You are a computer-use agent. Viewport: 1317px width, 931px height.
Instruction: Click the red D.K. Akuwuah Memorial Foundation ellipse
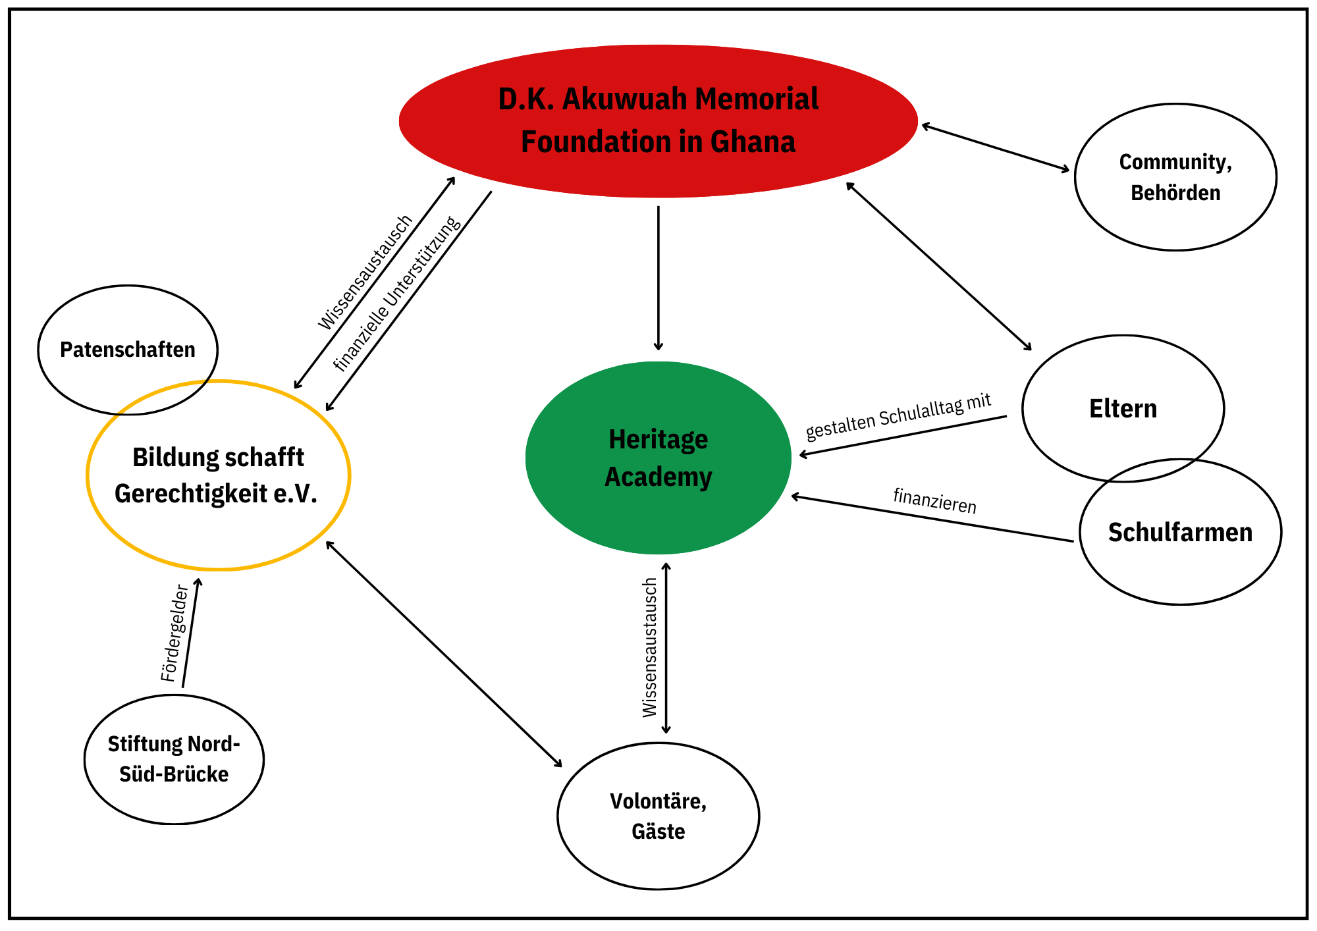pos(658,120)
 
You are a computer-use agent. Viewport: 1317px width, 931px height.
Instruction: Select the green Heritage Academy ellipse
pos(658,458)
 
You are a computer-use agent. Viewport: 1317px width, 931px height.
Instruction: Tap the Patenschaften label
pos(128,350)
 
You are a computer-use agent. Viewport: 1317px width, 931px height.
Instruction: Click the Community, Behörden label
pos(1175,177)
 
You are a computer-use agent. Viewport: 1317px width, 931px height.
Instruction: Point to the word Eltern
pos(1123,409)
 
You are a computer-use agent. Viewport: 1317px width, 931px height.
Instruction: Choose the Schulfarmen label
pos(1180,532)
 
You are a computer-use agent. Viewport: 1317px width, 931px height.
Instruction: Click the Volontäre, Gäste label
pos(658,816)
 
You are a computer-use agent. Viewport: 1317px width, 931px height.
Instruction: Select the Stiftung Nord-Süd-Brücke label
pos(174,759)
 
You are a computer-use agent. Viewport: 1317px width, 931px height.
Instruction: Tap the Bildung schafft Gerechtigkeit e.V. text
pos(217,475)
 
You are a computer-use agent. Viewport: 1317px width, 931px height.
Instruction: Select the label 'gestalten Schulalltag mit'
pos(898,417)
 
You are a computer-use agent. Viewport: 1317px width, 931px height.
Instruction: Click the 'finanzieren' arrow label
pos(934,501)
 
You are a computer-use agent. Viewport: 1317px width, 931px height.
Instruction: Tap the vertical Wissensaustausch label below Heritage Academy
pos(650,647)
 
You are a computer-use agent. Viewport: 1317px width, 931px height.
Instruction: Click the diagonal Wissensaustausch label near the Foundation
pos(365,272)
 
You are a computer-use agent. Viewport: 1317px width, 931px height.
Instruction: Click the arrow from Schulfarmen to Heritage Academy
pos(932,518)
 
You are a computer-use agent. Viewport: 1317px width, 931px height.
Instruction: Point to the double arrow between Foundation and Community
pos(995,147)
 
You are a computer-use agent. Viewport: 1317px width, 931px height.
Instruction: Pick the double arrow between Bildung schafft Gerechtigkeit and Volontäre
pos(444,654)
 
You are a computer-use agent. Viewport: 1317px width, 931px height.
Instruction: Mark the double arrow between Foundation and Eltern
pos(939,267)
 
